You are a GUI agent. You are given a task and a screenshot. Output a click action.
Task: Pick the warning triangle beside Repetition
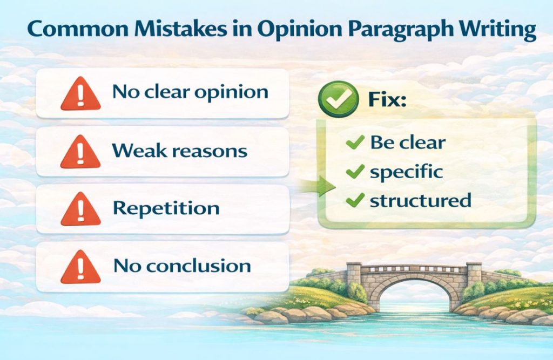coord(80,209)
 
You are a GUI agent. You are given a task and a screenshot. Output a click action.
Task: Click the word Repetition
coord(166,208)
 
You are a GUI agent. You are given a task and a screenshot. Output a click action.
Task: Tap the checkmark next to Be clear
coord(354,142)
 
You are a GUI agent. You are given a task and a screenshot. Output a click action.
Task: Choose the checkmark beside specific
coord(354,172)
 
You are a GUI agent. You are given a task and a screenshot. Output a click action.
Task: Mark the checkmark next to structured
coord(354,201)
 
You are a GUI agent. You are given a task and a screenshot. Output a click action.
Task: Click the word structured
coord(420,200)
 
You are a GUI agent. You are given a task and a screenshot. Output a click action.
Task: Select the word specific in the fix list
coord(406,172)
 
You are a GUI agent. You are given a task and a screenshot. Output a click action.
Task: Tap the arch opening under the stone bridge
coord(414,299)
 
